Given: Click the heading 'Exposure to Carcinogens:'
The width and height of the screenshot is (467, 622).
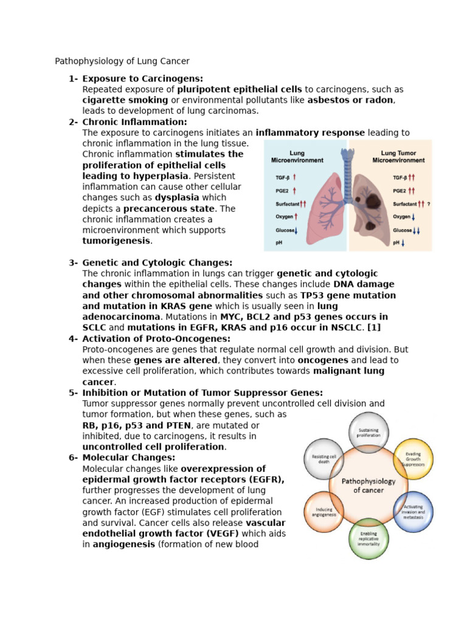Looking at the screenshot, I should tap(142, 78).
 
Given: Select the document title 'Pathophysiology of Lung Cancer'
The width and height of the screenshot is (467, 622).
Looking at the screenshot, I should tap(122, 61).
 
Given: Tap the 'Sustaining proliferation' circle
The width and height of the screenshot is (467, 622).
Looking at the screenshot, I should tap(368, 432).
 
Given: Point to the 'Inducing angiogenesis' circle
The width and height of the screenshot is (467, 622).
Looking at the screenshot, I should tap(325, 511).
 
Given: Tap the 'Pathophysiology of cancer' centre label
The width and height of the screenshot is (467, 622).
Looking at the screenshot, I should tap(368, 485).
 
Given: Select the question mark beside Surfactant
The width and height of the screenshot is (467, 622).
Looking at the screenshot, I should tap(428, 204).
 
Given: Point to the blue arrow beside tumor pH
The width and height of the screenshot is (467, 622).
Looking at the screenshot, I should tap(403, 243).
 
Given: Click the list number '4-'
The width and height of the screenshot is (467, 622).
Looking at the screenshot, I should tap(73, 338).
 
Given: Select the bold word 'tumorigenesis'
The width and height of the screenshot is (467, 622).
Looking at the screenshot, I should tap(116, 241).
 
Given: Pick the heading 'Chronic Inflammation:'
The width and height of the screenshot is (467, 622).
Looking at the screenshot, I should tap(134, 121).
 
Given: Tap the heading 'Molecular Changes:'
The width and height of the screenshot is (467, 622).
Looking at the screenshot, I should tap(128, 457).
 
